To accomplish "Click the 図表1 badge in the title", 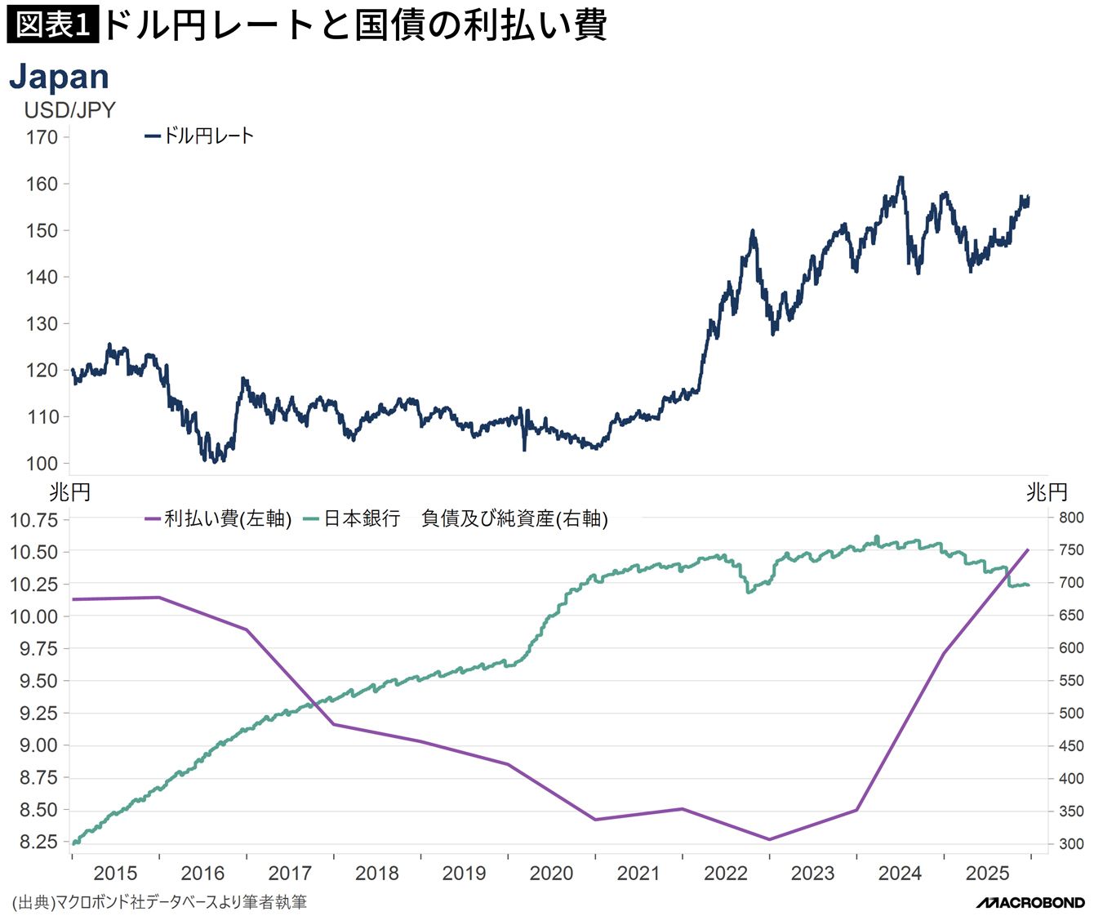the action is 52,24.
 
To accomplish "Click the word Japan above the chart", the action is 60,77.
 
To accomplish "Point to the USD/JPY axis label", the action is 69,110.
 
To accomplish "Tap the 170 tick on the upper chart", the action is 42,137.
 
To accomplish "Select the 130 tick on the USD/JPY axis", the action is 42,324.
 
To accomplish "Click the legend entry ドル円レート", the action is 199,136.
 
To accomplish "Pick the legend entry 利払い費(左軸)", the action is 218,518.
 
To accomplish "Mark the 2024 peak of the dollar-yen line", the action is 901,177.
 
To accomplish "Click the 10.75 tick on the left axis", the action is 33,520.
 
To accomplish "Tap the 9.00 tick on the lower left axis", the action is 38,745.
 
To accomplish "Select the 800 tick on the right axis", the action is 1071,518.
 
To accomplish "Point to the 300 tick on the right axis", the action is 1071,844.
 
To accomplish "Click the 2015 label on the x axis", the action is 115,874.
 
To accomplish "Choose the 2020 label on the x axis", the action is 551,874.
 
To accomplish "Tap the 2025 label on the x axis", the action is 987,874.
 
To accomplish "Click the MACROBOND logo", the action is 1030,903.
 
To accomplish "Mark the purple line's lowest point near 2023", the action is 769,839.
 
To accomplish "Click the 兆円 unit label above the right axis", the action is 1047,492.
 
